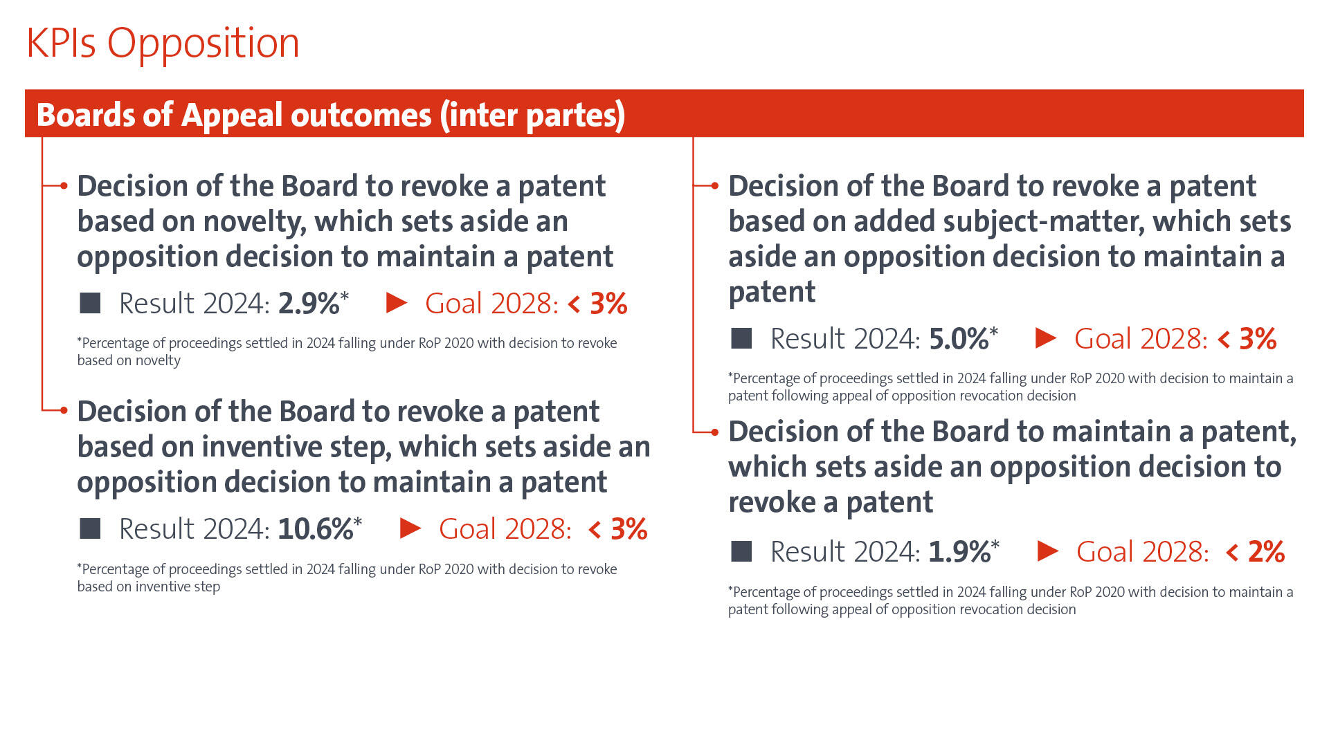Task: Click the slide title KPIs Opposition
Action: (x=163, y=43)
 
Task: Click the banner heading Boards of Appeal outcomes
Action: (x=330, y=115)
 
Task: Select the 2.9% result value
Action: (x=309, y=304)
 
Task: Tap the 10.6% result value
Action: (x=316, y=529)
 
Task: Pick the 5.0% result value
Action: (x=959, y=339)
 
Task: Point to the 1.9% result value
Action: (x=959, y=552)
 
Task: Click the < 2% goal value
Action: (x=1256, y=552)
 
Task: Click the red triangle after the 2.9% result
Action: (x=396, y=303)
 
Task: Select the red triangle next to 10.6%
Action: (x=410, y=528)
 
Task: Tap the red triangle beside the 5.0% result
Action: (x=1045, y=338)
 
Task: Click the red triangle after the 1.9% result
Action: (x=1048, y=551)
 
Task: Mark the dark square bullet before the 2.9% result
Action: (x=90, y=303)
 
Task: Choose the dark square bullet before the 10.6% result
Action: (x=90, y=528)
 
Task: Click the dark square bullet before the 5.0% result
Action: (x=741, y=338)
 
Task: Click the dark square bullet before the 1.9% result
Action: (x=741, y=551)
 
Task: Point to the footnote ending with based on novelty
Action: (x=346, y=351)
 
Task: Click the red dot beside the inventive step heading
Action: (x=64, y=410)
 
